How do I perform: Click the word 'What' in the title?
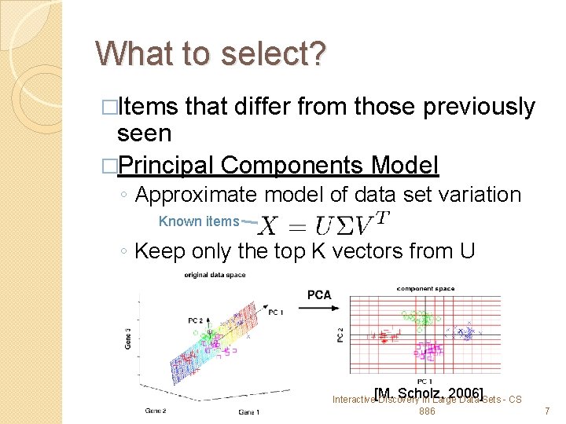[128, 54]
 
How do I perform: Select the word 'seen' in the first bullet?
[144, 133]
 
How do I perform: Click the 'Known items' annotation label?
[198, 221]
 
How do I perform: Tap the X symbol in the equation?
[268, 226]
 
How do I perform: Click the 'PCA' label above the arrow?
[320, 294]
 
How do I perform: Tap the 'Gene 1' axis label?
[249, 412]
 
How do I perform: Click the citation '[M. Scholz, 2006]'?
[428, 393]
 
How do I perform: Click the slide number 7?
[547, 411]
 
